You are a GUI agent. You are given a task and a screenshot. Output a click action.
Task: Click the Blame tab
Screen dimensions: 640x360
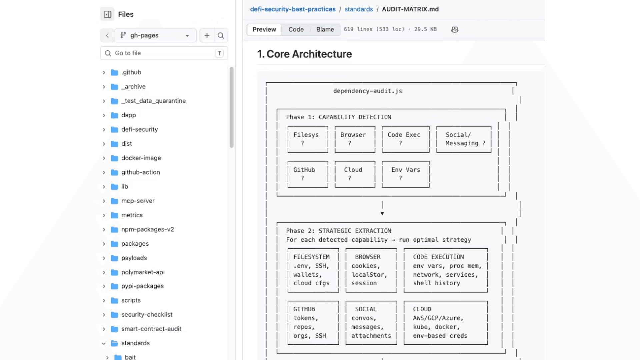click(325, 29)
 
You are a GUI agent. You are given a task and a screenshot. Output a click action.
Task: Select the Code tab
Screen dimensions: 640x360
click(296, 29)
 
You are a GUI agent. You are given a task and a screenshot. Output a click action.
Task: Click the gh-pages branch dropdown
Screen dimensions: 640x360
click(155, 35)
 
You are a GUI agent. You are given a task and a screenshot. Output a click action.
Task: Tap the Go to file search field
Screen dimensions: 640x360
click(164, 53)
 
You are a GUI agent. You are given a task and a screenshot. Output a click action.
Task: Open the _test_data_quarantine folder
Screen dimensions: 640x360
click(153, 101)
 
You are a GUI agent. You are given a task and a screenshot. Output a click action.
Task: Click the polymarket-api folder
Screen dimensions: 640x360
click(143, 272)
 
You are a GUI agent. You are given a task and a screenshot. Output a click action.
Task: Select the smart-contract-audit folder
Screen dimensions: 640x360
click(151, 329)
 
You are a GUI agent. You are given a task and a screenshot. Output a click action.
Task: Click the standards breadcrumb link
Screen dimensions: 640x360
click(359, 9)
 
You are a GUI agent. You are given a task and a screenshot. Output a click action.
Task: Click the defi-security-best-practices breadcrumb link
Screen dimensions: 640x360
click(293, 9)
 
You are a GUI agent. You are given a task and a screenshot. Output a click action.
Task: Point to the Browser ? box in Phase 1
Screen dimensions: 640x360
click(355, 139)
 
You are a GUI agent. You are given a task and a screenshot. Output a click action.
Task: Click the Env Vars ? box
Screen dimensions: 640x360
click(406, 174)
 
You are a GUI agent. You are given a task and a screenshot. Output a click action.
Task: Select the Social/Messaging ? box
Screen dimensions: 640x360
click(464, 139)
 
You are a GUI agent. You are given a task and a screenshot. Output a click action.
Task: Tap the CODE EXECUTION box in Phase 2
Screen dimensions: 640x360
click(446, 270)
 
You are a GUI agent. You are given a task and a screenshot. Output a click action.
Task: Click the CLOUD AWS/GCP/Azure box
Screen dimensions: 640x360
click(446, 323)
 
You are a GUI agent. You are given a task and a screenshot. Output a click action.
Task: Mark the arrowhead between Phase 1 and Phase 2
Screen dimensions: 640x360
click(382, 213)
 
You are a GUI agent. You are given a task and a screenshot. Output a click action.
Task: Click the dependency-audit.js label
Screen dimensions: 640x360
click(368, 91)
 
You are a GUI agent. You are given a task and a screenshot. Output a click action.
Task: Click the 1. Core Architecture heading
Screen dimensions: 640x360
click(304, 54)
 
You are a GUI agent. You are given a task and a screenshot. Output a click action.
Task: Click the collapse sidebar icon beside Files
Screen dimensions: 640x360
click(107, 14)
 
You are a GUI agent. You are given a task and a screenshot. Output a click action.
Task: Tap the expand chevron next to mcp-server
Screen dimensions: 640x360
click(104, 201)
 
